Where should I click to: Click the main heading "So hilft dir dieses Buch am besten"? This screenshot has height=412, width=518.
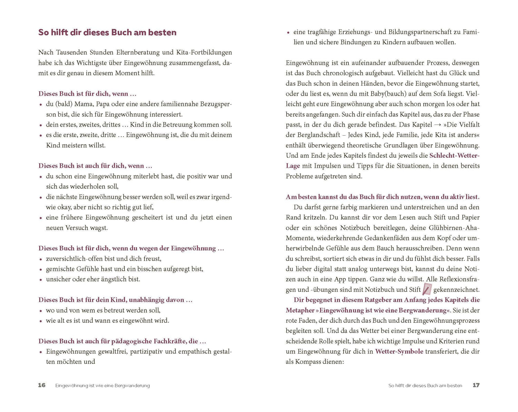coord(107,32)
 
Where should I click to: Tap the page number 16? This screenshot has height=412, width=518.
coord(42,385)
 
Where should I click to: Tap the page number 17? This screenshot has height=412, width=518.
coord(476,385)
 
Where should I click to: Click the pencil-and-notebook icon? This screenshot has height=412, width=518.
coord(427,289)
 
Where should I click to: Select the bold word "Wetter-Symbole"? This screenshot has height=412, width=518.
coord(399,351)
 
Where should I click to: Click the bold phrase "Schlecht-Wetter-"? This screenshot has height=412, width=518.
coord(454,155)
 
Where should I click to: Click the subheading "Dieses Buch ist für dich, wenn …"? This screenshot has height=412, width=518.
coord(87,94)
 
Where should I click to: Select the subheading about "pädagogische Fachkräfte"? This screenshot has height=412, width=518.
coord(122,341)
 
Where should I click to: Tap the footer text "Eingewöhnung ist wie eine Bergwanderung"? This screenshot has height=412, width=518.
coord(103,385)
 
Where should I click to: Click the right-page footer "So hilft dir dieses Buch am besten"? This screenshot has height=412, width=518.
coord(425,385)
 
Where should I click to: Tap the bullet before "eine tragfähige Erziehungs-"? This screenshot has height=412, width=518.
coord(288,33)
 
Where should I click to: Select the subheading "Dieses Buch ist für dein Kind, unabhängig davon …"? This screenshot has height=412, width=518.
coord(115,300)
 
